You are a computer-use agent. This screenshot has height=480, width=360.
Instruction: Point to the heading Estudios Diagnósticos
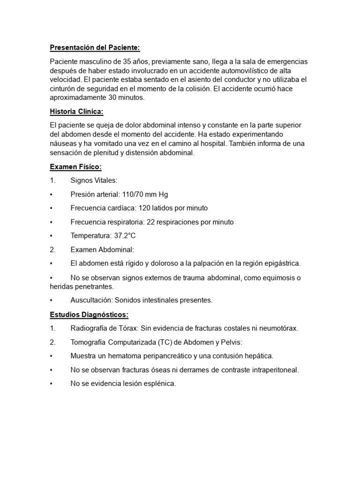coord(89,314)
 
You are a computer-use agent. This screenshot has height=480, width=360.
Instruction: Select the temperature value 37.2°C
coord(125,236)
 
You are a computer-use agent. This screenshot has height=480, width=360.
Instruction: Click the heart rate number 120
coord(144,208)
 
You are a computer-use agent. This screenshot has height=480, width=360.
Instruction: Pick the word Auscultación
coord(92,300)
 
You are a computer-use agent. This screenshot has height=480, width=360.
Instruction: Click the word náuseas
coord(63,144)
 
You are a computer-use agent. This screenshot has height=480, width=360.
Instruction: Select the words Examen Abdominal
coord(102,250)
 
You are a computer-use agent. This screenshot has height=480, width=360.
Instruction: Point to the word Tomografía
coord(89,342)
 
